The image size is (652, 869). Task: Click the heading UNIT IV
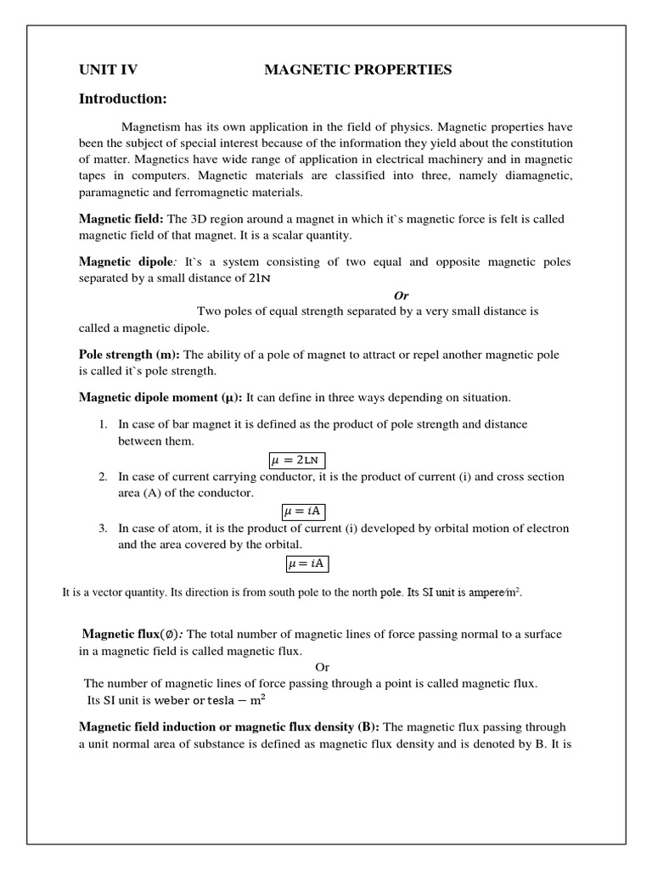pos(108,70)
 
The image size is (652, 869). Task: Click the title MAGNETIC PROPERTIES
pos(357,70)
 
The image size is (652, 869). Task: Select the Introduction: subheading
pos(123,99)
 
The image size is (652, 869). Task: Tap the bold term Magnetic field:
pos(121,219)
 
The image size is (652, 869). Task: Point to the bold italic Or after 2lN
pos(402,295)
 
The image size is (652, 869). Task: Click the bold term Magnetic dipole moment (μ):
pos(160,397)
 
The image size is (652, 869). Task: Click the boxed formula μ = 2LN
pos(303,460)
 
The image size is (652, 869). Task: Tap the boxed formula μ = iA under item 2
pos(303,511)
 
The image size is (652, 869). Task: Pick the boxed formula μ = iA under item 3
pos(306,563)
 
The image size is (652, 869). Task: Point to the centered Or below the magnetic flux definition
pos(322,667)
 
